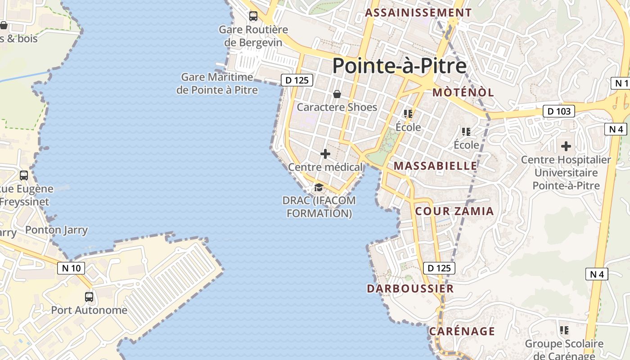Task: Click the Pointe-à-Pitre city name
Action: pyautogui.click(x=399, y=66)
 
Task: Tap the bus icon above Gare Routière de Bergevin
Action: pyautogui.click(x=253, y=16)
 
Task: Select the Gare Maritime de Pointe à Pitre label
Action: pyautogui.click(x=217, y=84)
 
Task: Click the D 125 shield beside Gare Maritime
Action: pyautogui.click(x=297, y=80)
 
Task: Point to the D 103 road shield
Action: pyautogui.click(x=559, y=111)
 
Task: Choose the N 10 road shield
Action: pyautogui.click(x=71, y=268)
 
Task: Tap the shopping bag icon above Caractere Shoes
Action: pyautogui.click(x=337, y=94)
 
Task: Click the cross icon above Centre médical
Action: pyautogui.click(x=325, y=154)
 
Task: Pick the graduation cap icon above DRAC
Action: pyautogui.click(x=319, y=187)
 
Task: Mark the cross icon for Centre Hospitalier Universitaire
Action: pyautogui.click(x=566, y=146)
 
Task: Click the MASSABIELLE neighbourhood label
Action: pyautogui.click(x=435, y=166)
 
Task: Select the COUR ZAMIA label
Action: pyautogui.click(x=454, y=211)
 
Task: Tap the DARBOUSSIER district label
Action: pyautogui.click(x=410, y=288)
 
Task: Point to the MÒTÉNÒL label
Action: pyautogui.click(x=463, y=93)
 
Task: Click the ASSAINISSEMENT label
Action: pyautogui.click(x=418, y=13)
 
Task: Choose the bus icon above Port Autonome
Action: pyautogui.click(x=89, y=297)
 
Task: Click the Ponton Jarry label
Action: pyautogui.click(x=56, y=230)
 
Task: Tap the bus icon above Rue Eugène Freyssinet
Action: pyautogui.click(x=24, y=175)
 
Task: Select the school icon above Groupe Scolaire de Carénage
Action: pyautogui.click(x=564, y=330)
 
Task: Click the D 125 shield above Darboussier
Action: pyautogui.click(x=439, y=268)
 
